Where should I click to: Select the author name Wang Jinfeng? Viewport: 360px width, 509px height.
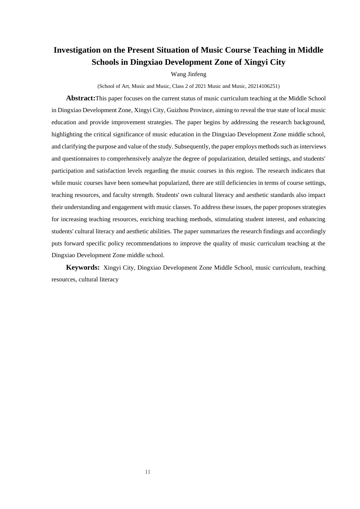(188, 74)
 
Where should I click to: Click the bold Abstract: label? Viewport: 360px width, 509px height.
(80, 98)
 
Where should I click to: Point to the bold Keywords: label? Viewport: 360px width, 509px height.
(83, 267)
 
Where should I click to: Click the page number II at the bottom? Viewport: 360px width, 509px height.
(148, 472)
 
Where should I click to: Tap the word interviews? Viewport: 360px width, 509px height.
(313, 147)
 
